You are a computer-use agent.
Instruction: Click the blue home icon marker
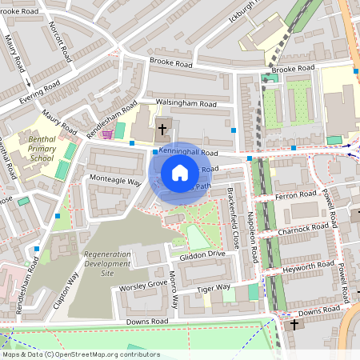click(179, 173)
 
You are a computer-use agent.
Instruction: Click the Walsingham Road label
click(186, 104)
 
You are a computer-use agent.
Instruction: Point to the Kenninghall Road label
click(188, 151)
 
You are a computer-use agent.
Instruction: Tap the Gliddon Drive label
click(204, 254)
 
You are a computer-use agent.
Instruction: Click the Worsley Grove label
click(144, 284)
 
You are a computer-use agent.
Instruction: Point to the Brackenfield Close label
click(234, 217)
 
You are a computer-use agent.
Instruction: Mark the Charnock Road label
click(305, 228)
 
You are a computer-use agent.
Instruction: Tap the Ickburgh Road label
click(252, 10)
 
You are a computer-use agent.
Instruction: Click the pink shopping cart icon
click(107, 134)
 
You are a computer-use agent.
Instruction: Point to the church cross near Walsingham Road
click(162, 128)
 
